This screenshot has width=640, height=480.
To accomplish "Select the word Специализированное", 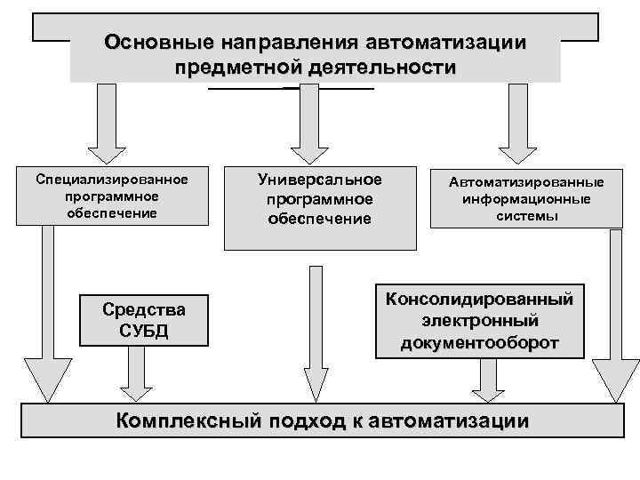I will coord(112,179).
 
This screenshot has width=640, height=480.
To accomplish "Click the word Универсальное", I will coord(319,179).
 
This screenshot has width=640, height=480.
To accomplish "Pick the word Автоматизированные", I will coord(526,181).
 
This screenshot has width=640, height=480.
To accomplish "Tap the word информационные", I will coord(528,198).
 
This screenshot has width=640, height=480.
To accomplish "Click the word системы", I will coord(528,216).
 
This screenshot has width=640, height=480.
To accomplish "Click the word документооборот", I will coord(479,342).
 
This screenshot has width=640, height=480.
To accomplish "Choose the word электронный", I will coord(479,320).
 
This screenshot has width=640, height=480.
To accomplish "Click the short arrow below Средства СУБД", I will coord(136,372).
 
